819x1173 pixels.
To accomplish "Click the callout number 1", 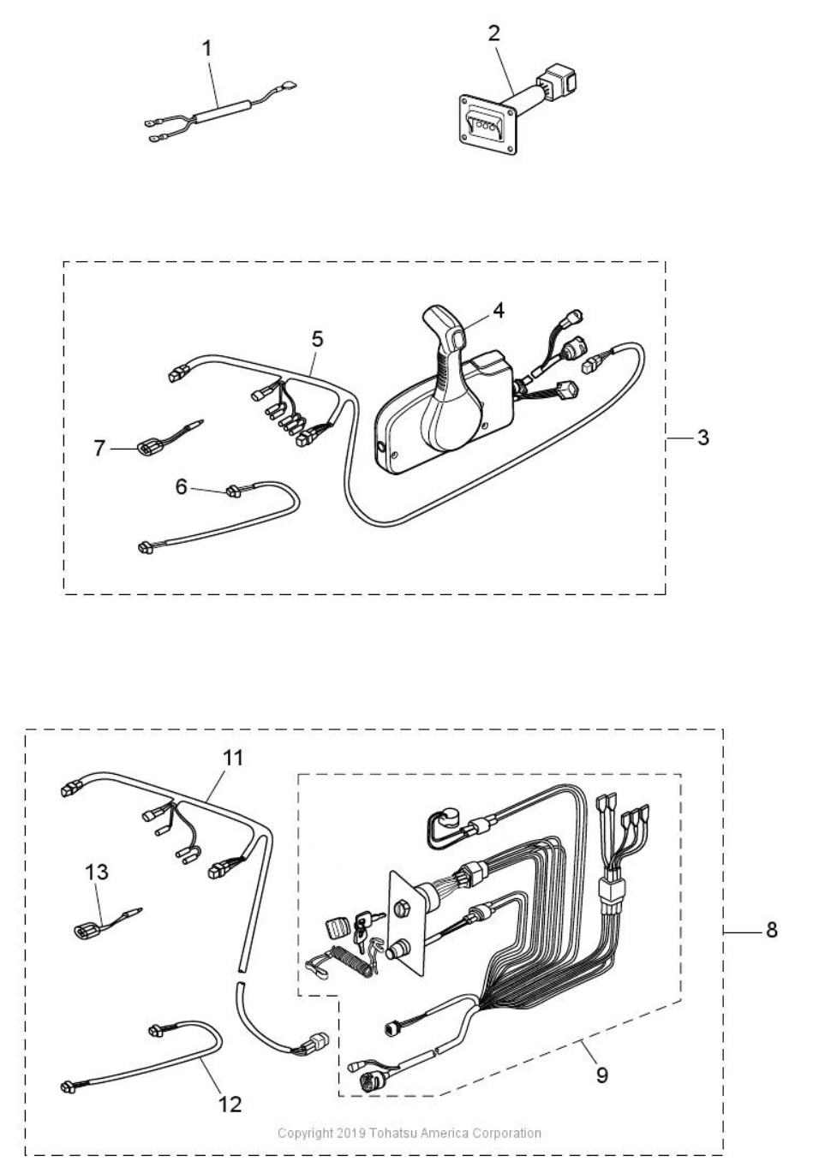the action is point(207,49).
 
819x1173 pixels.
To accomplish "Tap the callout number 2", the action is point(493,33).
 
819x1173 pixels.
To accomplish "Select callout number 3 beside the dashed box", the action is point(703,438).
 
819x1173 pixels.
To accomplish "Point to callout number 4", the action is point(499,311).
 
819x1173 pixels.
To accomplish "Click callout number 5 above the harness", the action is point(317,339).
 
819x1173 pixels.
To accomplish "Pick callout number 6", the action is point(182,487).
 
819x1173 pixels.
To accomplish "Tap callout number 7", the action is point(99,449).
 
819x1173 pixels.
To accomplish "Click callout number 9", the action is point(602,1075).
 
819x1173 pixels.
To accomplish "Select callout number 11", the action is point(233,758).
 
